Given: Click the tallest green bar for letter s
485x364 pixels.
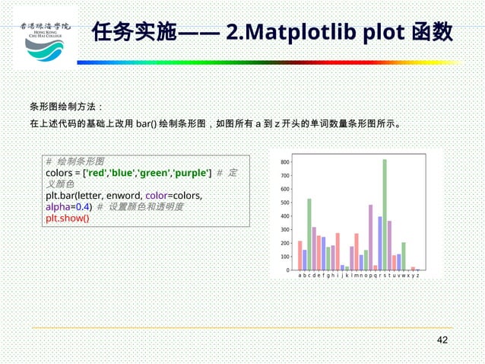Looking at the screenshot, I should click(385, 215).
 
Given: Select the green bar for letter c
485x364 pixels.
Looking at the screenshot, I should click(309, 234).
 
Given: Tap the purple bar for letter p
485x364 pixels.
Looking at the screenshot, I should click(370, 237).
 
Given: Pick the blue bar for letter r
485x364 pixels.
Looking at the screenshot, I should click(380, 243).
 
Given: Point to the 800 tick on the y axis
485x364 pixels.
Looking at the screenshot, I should click(285, 162).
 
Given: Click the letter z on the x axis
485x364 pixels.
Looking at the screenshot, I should click(417, 276).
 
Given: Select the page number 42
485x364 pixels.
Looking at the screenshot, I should click(442, 340).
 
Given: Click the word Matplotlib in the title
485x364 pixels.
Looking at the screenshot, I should click(303, 34).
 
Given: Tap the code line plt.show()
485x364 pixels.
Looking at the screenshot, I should click(68, 218).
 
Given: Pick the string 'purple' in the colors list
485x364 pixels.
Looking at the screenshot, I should click(192, 173).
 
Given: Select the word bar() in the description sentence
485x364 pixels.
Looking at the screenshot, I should click(147, 123).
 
